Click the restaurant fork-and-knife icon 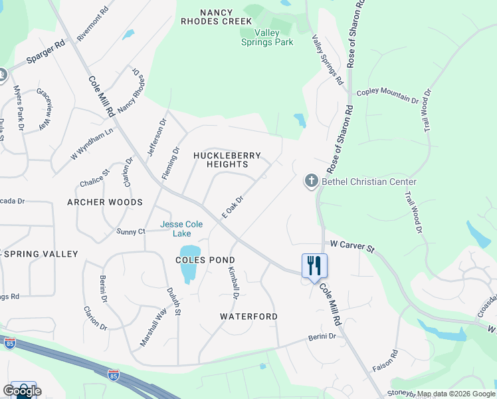coord(314,266)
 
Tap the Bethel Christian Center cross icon coord(311,181)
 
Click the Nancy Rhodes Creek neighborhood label coord(226,16)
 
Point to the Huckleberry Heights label coord(227,160)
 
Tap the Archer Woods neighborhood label coord(104,202)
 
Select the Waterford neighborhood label coord(248,317)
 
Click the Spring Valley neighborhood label coord(41,254)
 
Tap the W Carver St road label coord(352,247)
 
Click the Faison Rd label coord(394,360)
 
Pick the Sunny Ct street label coord(131,231)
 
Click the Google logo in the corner coord(22,391)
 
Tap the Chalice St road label coord(94,180)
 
